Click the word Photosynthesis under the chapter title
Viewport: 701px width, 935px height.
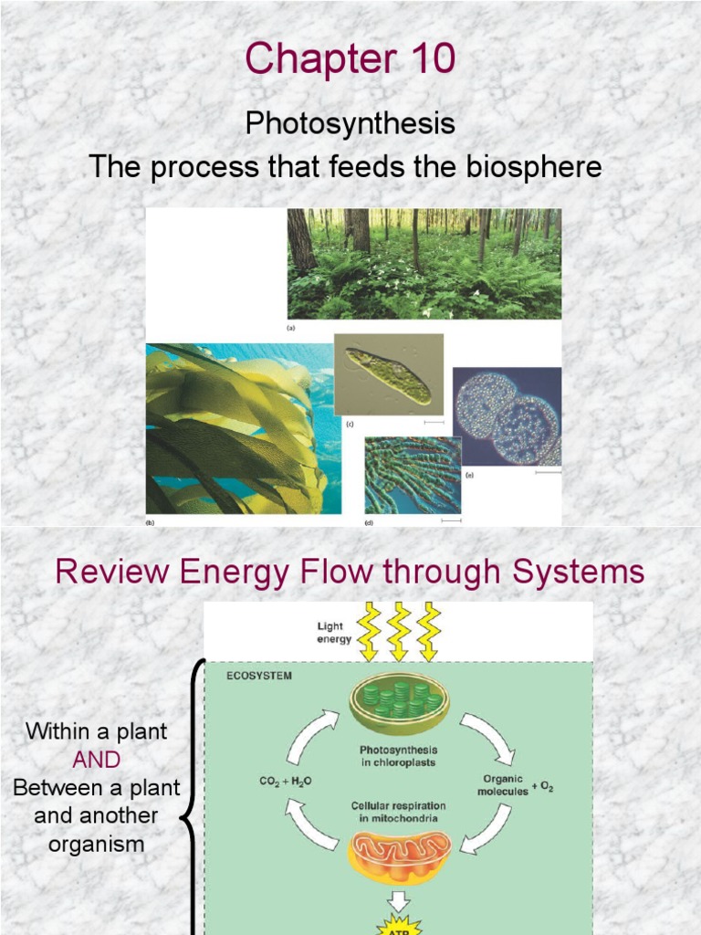(x=350, y=124)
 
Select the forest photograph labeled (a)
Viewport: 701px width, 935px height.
(x=424, y=263)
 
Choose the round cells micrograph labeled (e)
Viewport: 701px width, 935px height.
(x=507, y=417)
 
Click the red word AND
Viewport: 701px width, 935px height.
(x=99, y=760)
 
